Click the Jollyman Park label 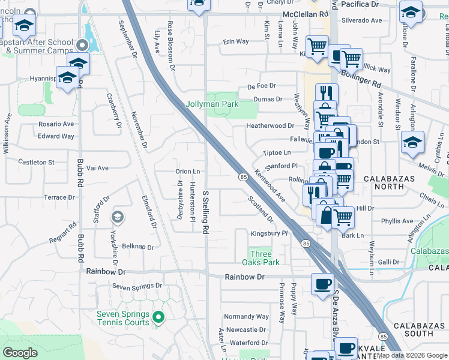[211, 104]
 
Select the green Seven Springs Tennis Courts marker [158, 317]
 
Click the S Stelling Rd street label [205, 212]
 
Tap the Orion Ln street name [187, 172]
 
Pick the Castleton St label [36, 162]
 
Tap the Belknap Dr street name [137, 247]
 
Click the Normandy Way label [246, 316]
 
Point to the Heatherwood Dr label [270, 126]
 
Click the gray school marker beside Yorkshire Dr [118, 217]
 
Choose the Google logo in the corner [20, 353]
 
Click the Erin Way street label [236, 41]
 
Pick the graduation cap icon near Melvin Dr [412, 143]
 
